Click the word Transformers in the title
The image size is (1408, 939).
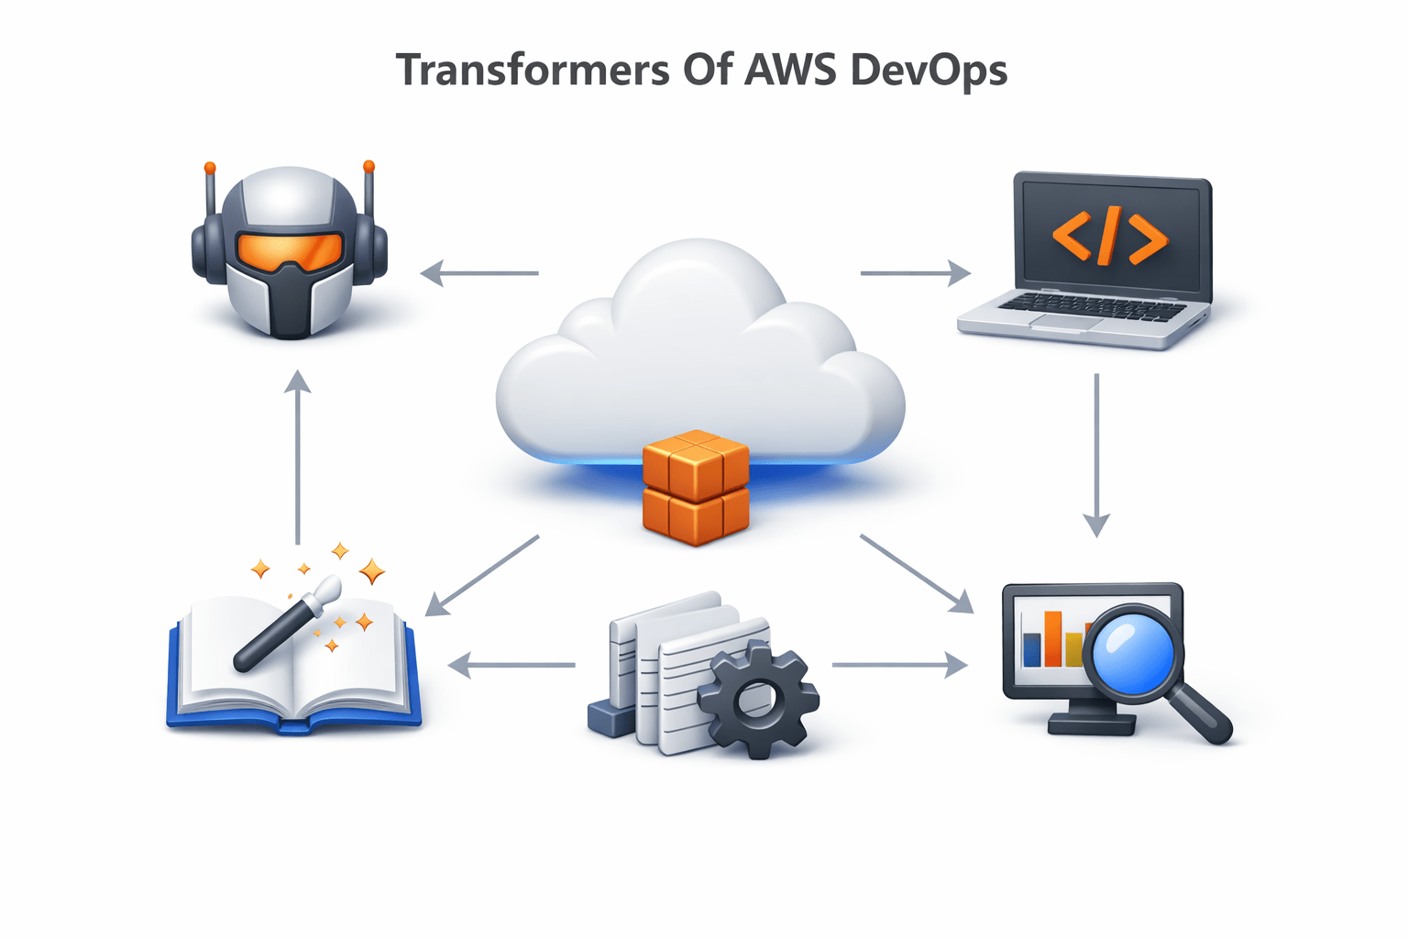(x=533, y=71)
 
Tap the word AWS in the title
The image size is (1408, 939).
(x=789, y=70)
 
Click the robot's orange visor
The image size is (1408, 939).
(x=290, y=249)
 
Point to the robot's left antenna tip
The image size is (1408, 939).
(x=210, y=169)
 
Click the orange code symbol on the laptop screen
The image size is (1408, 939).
(x=1110, y=236)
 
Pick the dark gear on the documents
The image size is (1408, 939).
(x=758, y=699)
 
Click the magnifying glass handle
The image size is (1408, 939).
(x=1201, y=715)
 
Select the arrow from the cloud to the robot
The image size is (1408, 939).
(x=478, y=273)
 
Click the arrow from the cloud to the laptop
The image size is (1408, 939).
(x=915, y=273)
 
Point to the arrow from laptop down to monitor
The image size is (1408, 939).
(x=1096, y=454)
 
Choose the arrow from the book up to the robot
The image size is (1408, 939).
(x=297, y=458)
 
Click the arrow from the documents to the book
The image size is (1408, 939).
(x=511, y=665)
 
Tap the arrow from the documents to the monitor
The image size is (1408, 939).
(x=899, y=665)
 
